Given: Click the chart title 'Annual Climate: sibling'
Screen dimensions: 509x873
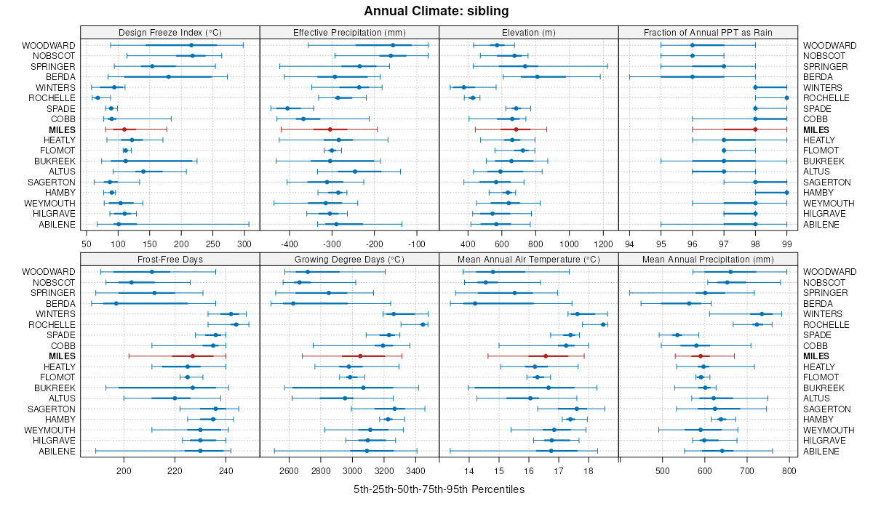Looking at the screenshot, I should [x=436, y=11].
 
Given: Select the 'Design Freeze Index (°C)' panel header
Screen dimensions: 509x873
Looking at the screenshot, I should [x=170, y=32].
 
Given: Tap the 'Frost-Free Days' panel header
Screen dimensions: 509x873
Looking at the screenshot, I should [x=170, y=259].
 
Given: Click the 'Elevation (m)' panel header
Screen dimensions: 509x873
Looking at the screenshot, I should [x=529, y=32].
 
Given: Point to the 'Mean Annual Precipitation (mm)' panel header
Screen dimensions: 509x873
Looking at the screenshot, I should [x=708, y=259].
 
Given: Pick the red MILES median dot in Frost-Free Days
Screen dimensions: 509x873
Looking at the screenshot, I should [x=193, y=356].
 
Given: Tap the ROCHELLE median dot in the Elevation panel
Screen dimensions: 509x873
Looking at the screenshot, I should [x=473, y=97].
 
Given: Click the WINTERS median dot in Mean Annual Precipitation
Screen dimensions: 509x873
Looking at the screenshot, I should [x=762, y=314].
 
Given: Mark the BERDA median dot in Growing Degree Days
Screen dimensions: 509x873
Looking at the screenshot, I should [x=293, y=303].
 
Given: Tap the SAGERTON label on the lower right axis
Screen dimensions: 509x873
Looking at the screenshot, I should [x=826, y=409].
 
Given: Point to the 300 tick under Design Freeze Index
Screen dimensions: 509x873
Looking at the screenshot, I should [x=244, y=244].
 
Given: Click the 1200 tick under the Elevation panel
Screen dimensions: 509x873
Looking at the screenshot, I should [x=604, y=244].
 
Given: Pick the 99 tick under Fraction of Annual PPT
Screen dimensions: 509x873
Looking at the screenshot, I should [x=786, y=244].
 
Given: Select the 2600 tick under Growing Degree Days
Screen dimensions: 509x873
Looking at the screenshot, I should [x=289, y=470].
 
